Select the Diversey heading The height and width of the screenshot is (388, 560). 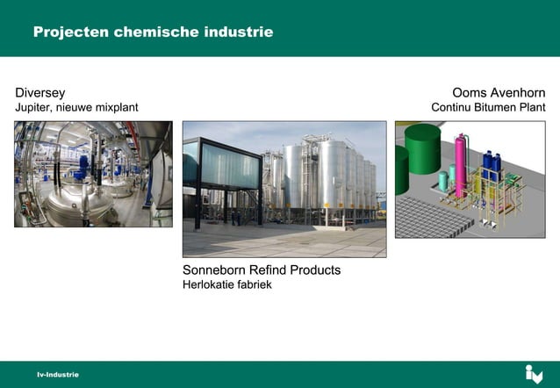pyautogui.click(x=39, y=92)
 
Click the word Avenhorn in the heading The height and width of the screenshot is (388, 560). pyautogui.click(x=519, y=92)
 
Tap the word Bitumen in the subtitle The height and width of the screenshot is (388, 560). pyautogui.click(x=495, y=108)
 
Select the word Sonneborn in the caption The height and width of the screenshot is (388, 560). pyautogui.click(x=217, y=269)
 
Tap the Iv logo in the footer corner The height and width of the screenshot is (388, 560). pyautogui.click(x=534, y=374)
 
